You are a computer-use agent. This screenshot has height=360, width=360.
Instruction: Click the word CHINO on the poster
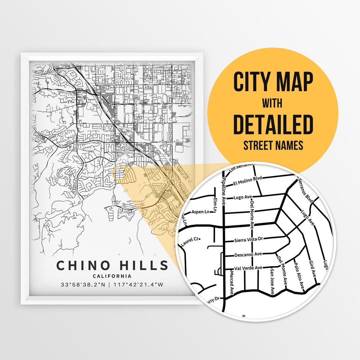[x=83, y=265]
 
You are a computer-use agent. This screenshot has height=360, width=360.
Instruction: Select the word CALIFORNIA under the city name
[x=112, y=276]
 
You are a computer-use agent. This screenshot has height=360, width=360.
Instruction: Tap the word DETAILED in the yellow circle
[x=273, y=124]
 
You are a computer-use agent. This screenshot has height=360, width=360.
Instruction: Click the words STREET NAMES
[x=273, y=146]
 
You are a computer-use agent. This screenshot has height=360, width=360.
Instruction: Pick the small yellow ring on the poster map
[x=120, y=174]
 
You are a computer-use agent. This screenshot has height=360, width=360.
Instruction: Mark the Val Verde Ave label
[x=248, y=268]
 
